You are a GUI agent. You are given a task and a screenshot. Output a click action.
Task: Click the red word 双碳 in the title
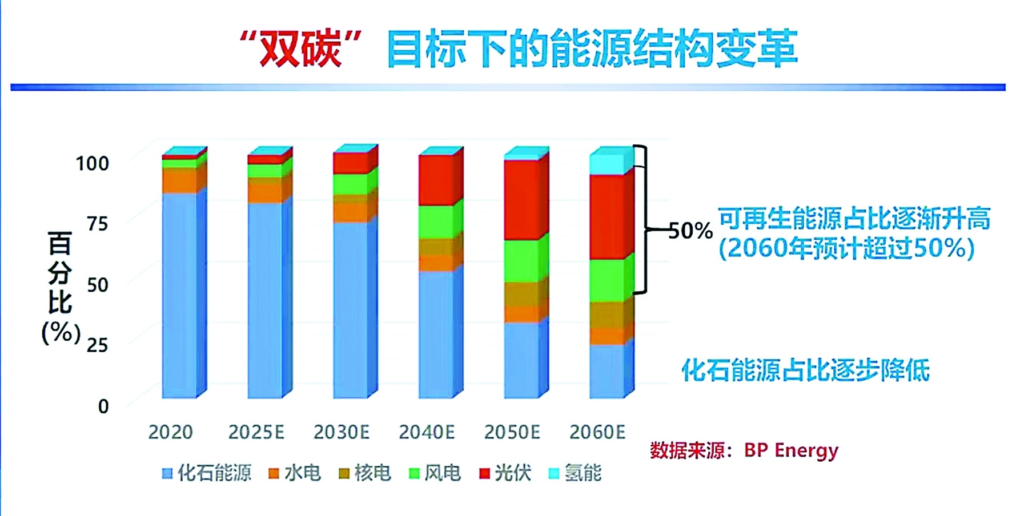click(x=300, y=49)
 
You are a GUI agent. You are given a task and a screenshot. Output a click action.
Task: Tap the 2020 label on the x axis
click(x=170, y=432)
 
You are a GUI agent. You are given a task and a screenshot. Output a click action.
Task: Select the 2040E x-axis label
click(x=427, y=432)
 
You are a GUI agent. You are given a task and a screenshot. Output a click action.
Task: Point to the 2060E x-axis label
click(x=597, y=432)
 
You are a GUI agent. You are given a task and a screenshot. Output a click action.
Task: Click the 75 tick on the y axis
click(x=97, y=223)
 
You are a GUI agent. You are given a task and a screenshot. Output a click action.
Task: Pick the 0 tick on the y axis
click(x=103, y=406)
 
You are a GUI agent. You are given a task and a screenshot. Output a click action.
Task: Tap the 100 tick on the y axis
click(x=92, y=163)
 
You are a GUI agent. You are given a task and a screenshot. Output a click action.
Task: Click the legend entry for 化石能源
click(x=207, y=473)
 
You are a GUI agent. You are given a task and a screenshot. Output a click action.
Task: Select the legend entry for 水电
click(x=295, y=473)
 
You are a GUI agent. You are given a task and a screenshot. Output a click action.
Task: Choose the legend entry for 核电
click(x=365, y=473)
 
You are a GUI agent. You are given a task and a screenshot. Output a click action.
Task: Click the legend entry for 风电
click(x=435, y=473)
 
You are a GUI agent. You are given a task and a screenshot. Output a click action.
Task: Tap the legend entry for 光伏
click(x=505, y=473)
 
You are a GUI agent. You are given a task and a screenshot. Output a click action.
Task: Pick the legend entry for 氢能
click(x=575, y=473)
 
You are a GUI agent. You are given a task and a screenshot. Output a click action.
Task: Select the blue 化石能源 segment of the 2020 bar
click(x=179, y=294)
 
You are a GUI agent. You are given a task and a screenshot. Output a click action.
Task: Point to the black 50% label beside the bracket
click(x=690, y=231)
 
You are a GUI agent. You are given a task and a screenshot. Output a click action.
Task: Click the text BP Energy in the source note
click(x=791, y=450)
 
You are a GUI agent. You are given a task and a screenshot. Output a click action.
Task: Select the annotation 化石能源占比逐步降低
click(x=805, y=370)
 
